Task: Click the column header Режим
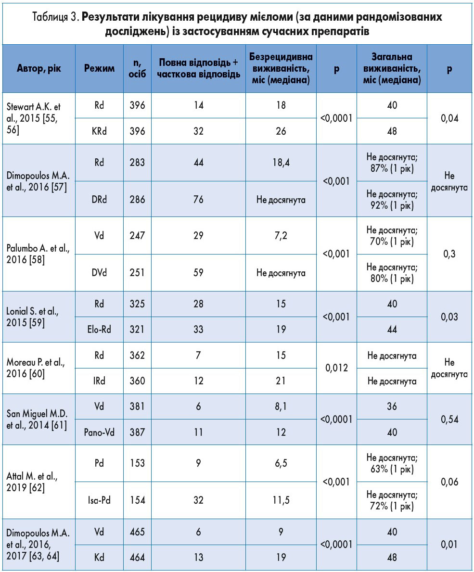[99, 68]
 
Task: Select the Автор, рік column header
[39, 68]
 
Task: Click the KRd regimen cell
[99, 131]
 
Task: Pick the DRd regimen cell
[99, 199]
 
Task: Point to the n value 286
[137, 199]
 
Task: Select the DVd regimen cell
[99, 273]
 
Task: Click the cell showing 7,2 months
[281, 236]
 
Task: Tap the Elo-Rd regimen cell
[99, 330]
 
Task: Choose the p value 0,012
[336, 368]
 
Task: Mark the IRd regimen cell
[99, 381]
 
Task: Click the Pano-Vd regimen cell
[99, 432]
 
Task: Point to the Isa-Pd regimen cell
[99, 500]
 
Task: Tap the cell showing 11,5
[281, 500]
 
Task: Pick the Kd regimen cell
[99, 558]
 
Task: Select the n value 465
[137, 532]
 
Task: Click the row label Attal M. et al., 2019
[32, 482]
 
